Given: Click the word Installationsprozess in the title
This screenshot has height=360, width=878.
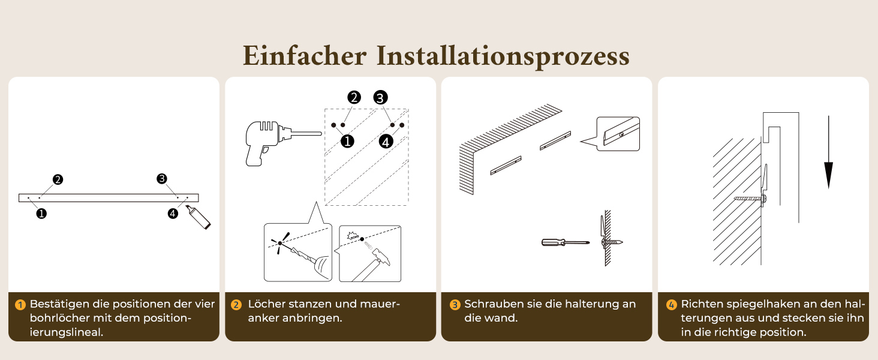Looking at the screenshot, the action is (x=503, y=56).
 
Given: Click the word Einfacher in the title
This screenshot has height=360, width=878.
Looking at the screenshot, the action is (x=305, y=56).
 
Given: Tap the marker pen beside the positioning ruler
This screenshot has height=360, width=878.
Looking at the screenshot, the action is (x=198, y=217).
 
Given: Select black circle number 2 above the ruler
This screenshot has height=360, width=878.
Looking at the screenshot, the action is (x=58, y=179).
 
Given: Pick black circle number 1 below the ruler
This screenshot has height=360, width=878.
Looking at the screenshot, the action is (x=41, y=214).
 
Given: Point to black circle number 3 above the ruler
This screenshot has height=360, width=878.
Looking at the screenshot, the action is (x=161, y=179).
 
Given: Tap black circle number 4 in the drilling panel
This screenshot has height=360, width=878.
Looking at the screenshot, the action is (x=386, y=141).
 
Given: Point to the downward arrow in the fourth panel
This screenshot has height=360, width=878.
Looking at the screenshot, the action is (x=828, y=152).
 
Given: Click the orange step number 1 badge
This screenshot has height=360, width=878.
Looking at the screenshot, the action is (x=20, y=305).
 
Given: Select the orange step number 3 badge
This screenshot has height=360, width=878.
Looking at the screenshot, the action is (x=455, y=305).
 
